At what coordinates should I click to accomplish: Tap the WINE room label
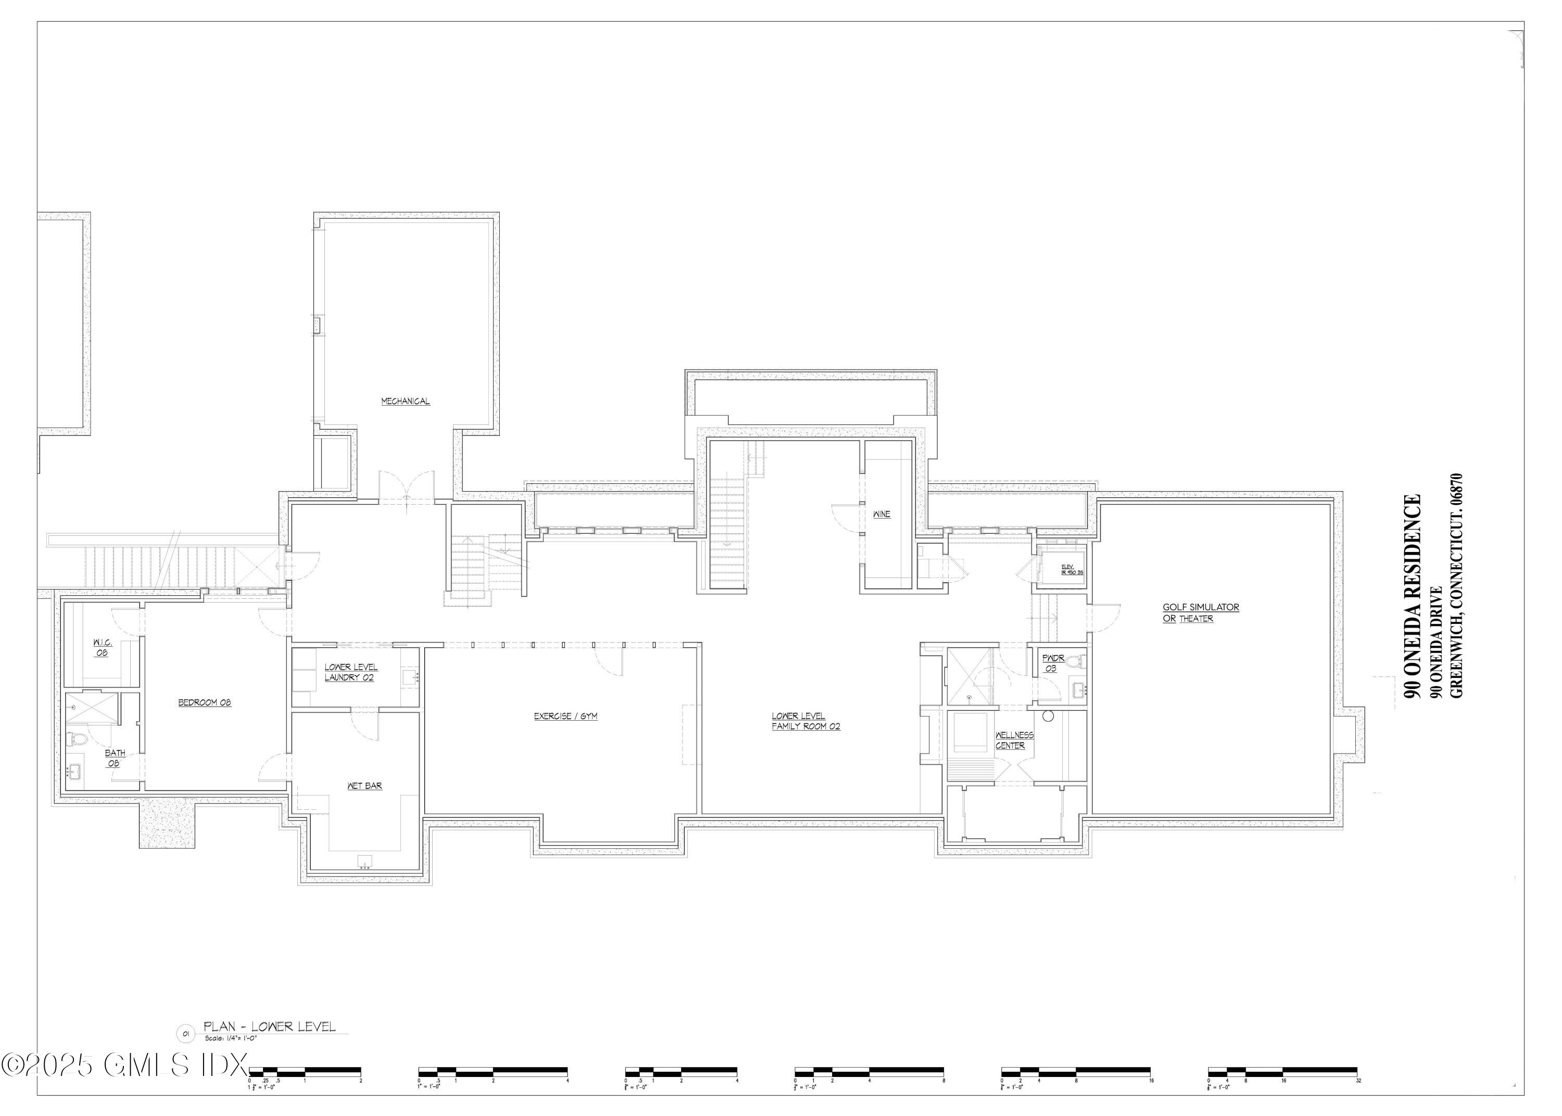(881, 515)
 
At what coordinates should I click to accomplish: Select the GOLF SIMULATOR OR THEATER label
(1200, 613)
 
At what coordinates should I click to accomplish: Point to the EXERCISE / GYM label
(565, 716)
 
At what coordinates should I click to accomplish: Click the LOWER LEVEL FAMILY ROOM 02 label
(805, 721)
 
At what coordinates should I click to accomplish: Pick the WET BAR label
(364, 785)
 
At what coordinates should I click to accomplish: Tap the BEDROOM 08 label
(205, 703)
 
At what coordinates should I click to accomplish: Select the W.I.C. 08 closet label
(103, 647)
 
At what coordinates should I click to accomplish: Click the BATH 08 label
(115, 758)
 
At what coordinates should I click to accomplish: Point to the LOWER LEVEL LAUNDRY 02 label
(350, 672)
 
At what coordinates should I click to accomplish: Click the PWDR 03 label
(1053, 663)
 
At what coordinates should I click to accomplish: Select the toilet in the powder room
(1076, 662)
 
